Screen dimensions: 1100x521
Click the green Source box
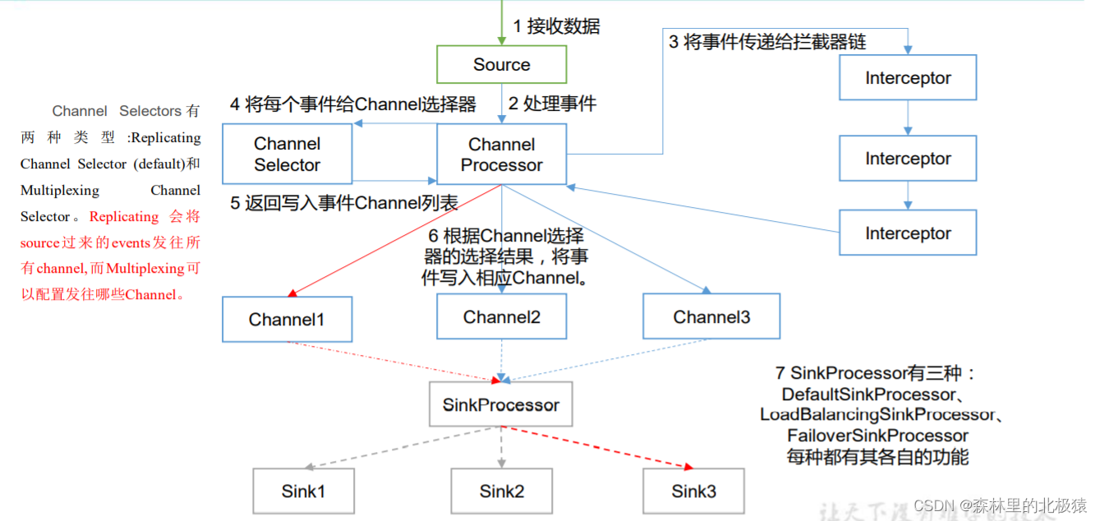tap(501, 64)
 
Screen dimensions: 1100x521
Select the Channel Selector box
tap(288, 154)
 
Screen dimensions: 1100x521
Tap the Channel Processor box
tap(501, 154)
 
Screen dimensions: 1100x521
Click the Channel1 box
tap(288, 319)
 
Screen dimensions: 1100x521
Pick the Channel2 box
tap(501, 316)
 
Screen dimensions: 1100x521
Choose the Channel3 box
tap(711, 316)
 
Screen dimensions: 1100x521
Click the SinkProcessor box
tap(501, 404)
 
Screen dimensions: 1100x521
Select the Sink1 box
tap(303, 491)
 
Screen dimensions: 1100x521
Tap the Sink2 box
tap(501, 491)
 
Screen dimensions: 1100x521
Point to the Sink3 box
tap(693, 491)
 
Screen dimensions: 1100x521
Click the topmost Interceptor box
tap(908, 77)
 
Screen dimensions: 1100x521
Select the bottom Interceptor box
tap(908, 233)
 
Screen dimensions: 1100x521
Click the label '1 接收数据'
tap(556, 26)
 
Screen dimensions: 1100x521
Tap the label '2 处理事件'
tap(552, 104)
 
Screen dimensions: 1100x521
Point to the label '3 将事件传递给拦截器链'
tap(767, 42)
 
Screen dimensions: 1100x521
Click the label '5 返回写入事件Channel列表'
tap(343, 203)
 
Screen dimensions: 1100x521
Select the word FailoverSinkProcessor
tap(877, 436)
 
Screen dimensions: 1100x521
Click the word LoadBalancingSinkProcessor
tap(877, 414)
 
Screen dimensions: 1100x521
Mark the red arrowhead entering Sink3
tap(688, 467)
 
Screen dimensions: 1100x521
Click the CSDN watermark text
tap(1000, 505)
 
